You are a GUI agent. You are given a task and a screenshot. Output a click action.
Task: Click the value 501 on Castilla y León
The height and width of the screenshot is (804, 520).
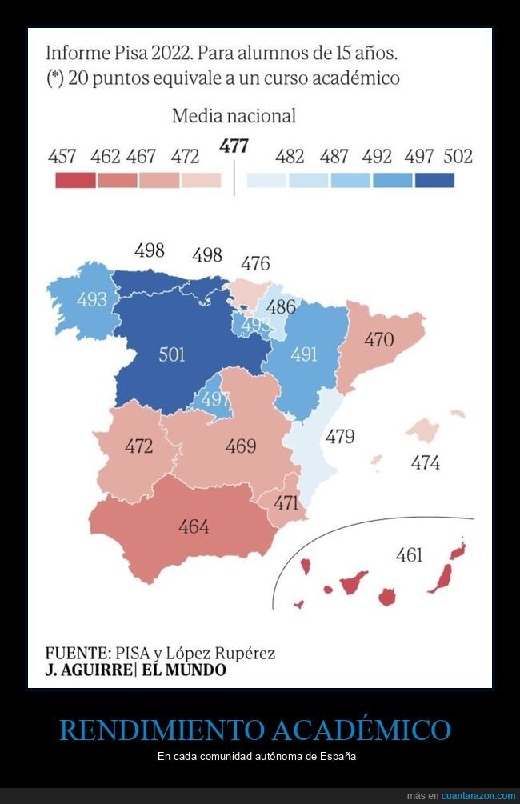click(172, 354)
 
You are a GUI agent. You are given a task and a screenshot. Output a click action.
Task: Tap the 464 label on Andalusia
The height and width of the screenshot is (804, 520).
click(194, 526)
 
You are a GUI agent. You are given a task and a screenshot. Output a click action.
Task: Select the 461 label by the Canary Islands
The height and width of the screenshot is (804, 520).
click(409, 554)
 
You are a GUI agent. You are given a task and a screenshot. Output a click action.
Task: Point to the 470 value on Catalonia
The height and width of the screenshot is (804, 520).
click(378, 339)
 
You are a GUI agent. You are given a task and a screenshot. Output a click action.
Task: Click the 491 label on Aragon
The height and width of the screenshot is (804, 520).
click(304, 354)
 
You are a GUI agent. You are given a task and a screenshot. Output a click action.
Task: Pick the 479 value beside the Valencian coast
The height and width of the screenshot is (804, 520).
click(339, 437)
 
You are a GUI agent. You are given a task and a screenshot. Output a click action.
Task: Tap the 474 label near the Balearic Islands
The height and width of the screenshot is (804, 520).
click(425, 462)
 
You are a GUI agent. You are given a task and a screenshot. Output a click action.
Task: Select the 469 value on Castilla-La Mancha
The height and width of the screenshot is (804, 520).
click(241, 446)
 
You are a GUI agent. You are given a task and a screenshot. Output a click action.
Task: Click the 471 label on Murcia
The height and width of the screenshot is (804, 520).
click(286, 503)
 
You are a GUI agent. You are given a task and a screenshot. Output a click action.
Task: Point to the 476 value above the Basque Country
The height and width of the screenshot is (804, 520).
click(255, 263)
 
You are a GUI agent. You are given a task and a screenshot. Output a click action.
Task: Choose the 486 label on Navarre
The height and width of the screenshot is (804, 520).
click(281, 306)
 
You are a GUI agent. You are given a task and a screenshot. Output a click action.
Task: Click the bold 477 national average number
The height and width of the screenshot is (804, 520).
click(234, 146)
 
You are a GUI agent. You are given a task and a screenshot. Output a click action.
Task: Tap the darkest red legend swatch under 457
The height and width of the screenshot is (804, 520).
click(74, 181)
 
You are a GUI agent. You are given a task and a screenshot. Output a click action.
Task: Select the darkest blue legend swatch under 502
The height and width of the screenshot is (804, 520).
click(434, 181)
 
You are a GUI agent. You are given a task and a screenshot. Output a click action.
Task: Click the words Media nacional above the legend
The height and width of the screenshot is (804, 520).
click(234, 116)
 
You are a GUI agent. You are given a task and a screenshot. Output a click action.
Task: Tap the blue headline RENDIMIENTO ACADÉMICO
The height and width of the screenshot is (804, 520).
click(255, 730)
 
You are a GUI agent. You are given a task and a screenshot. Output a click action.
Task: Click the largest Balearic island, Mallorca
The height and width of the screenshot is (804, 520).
click(422, 430)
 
